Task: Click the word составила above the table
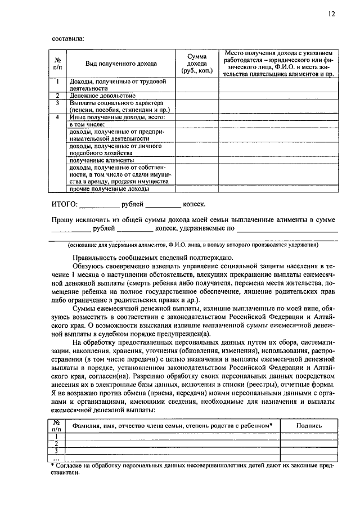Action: pyautogui.click(x=67, y=39)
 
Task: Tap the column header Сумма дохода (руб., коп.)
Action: pyautogui.click(x=196, y=63)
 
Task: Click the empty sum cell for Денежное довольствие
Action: pyautogui.click(x=196, y=96)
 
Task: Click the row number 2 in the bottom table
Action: pyautogui.click(x=56, y=443)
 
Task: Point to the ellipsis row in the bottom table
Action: pyautogui.click(x=56, y=458)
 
